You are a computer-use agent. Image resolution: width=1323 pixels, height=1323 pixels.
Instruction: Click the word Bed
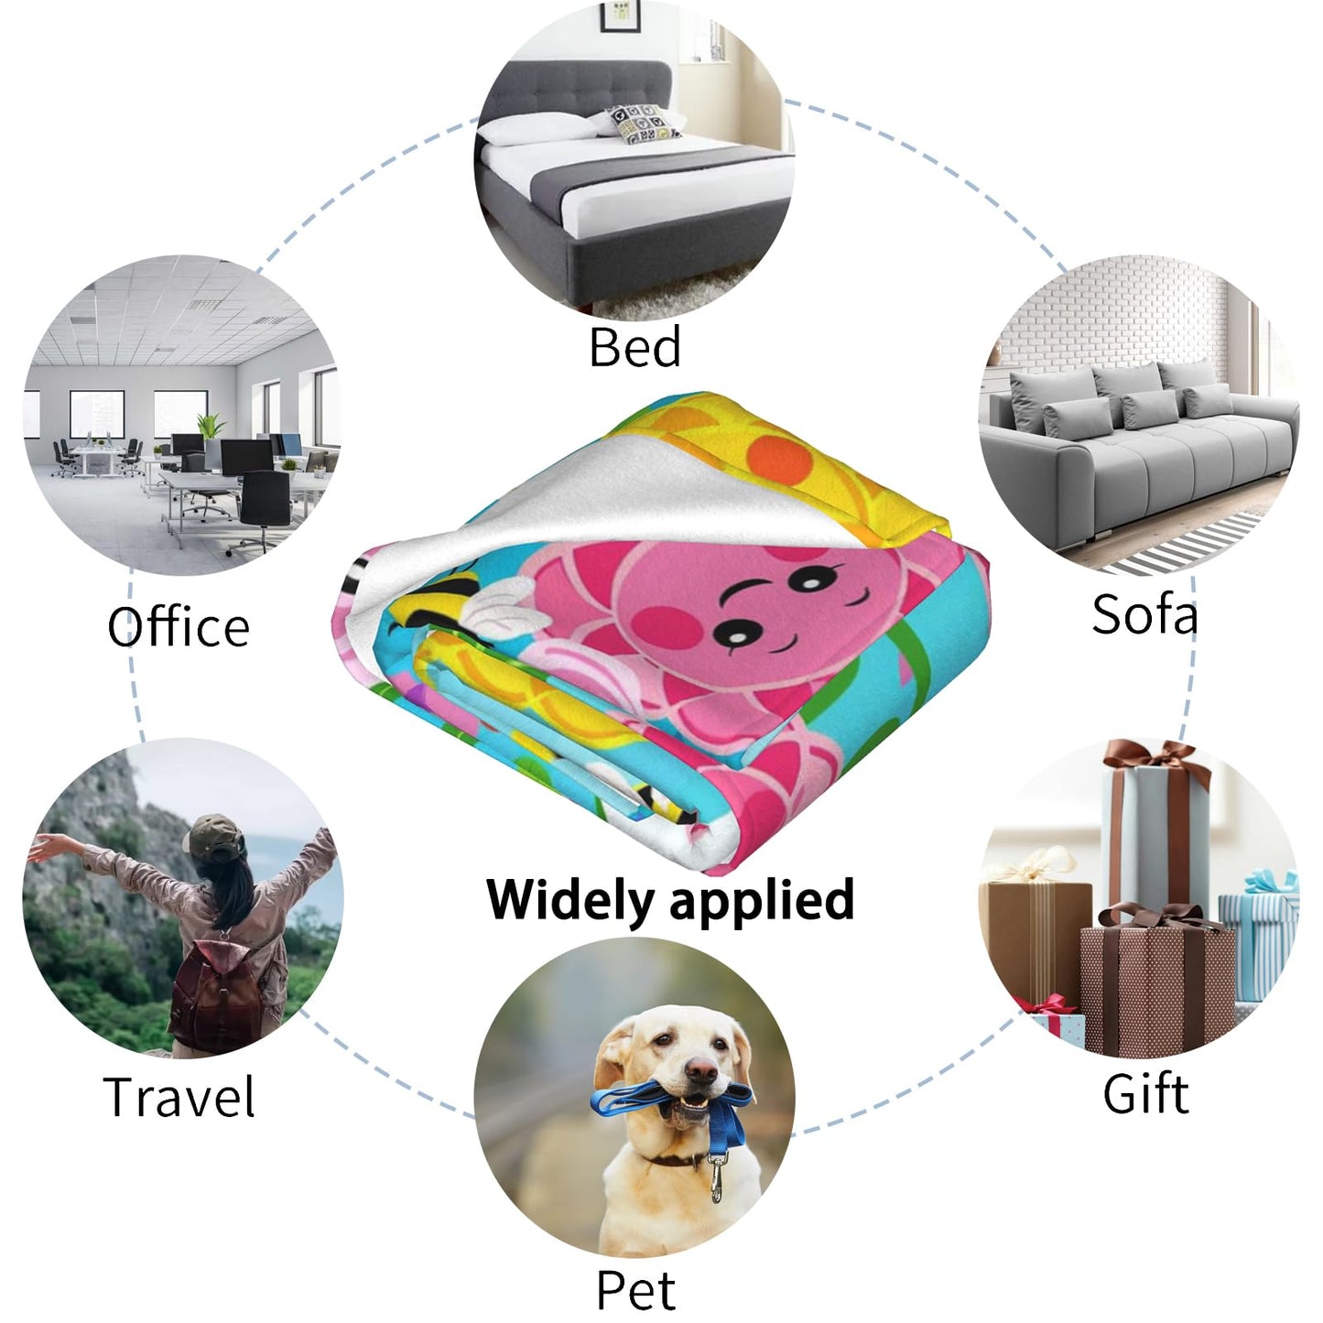[x=635, y=346]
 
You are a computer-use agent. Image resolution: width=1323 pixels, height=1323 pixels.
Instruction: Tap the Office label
[x=179, y=625]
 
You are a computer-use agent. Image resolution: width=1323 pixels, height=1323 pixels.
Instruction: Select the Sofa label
[x=1144, y=613]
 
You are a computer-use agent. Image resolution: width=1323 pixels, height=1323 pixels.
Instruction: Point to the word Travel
[x=179, y=1097]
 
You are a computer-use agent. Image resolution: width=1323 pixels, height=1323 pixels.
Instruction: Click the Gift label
[x=1146, y=1094]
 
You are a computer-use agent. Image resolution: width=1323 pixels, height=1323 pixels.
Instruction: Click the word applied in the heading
[x=762, y=902]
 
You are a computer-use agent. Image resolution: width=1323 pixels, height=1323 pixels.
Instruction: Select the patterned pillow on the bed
[x=644, y=124]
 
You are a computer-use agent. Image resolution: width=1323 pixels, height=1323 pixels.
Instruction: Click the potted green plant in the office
[x=212, y=426]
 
